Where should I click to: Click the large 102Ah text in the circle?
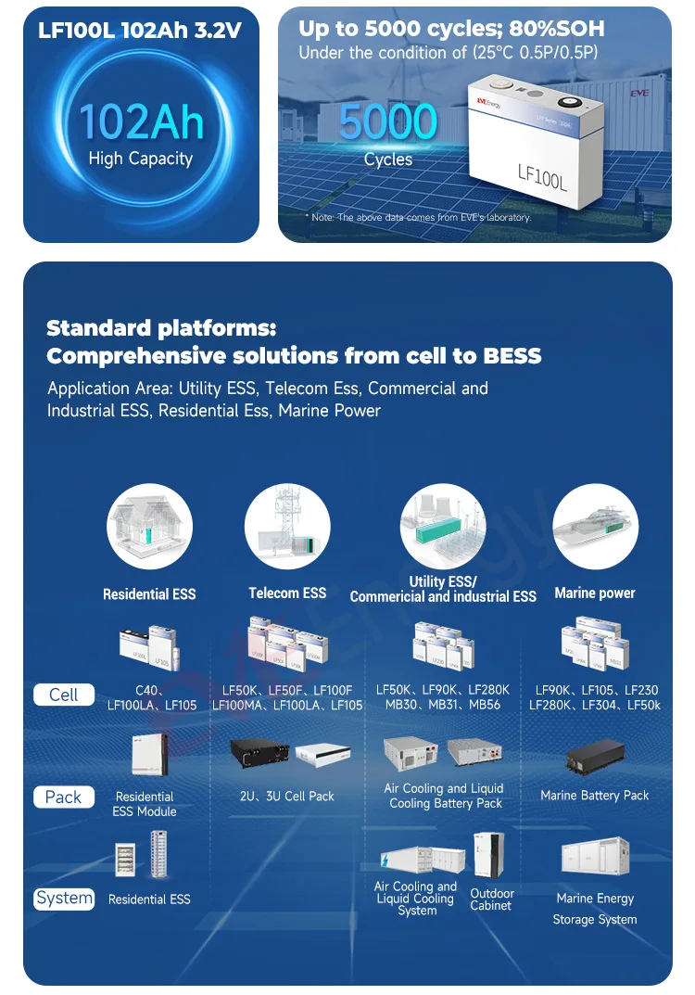tap(141, 121)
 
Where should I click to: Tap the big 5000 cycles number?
tap(387, 122)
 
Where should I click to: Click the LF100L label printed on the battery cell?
tap(542, 172)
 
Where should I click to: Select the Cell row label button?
tap(63, 695)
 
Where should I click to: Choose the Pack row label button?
tap(63, 797)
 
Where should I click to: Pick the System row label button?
tap(64, 898)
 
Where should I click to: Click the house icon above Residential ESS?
tap(149, 527)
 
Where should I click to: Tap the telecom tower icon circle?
tap(287, 527)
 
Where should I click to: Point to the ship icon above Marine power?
tap(595, 527)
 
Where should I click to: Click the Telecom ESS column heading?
tap(287, 593)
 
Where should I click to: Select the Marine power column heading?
tap(595, 593)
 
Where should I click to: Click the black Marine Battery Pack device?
tap(595, 759)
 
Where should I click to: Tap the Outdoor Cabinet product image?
tap(489, 856)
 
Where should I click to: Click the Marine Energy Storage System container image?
tap(595, 857)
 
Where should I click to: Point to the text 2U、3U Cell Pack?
tap(287, 796)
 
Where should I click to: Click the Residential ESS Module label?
tap(145, 804)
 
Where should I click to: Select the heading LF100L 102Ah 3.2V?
tap(140, 31)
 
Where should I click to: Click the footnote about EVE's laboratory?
tap(418, 217)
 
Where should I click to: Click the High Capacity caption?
tap(141, 159)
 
